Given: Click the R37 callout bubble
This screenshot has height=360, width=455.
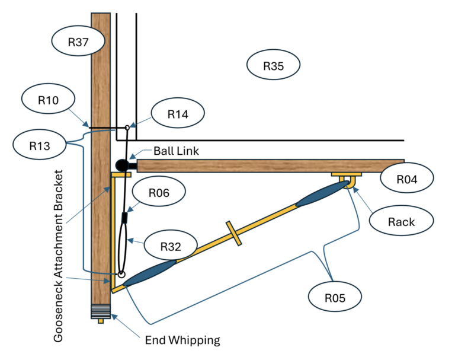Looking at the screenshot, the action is [78, 41].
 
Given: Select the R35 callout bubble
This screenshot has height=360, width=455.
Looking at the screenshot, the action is [273, 65].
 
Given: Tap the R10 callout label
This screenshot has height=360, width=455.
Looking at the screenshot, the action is [48, 99].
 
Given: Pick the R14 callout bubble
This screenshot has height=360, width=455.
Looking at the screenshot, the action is [178, 113].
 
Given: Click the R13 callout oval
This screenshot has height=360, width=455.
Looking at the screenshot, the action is [40, 144].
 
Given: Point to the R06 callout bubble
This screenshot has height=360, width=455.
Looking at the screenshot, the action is [159, 192].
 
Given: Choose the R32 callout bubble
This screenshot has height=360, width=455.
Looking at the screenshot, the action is [171, 245].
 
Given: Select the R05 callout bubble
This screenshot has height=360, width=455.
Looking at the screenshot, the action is [335, 297].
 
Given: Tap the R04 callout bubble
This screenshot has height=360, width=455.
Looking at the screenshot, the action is [407, 178].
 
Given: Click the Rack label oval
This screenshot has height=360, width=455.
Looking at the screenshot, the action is [401, 221].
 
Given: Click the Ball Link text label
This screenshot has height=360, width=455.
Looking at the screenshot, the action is [176, 151].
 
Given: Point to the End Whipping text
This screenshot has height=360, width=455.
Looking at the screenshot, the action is [182, 340].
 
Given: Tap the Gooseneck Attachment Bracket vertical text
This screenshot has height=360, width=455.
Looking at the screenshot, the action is [58, 256].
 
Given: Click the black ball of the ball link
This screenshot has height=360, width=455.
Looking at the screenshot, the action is [122, 165].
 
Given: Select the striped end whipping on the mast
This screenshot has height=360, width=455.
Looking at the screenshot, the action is [101, 311].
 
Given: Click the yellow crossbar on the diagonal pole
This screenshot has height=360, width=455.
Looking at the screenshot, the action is [234, 233].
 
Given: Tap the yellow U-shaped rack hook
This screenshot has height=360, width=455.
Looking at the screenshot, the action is [347, 182].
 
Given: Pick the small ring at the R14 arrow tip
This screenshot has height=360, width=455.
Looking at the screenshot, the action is [127, 128].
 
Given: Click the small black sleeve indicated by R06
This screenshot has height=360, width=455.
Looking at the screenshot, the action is [124, 217].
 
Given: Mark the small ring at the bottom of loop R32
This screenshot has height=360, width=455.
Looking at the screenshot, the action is [121, 274].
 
